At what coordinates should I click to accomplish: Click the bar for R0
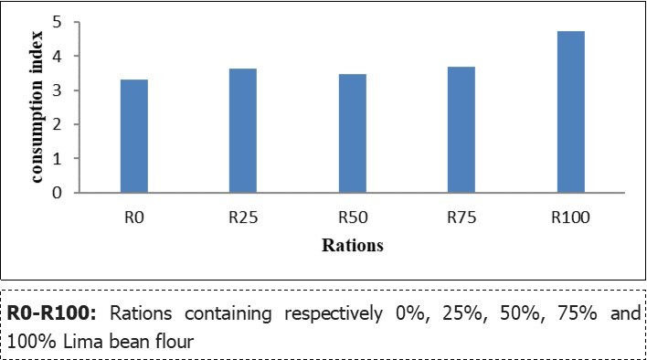pos(133,136)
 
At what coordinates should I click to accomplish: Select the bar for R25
pos(242,131)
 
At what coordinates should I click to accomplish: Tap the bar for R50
pos(352,133)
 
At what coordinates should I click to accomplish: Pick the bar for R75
pos(461,130)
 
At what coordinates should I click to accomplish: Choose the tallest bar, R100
pos(570,111)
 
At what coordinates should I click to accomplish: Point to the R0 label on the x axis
pos(133,218)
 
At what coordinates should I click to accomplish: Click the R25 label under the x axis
pos(242,218)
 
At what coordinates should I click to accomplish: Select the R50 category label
pos(352,218)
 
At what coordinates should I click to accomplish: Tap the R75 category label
pos(461,218)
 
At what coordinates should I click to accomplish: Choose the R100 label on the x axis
pos(570,218)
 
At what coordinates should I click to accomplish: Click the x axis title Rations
pos(352,246)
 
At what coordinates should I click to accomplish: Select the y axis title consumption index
pos(39,108)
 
